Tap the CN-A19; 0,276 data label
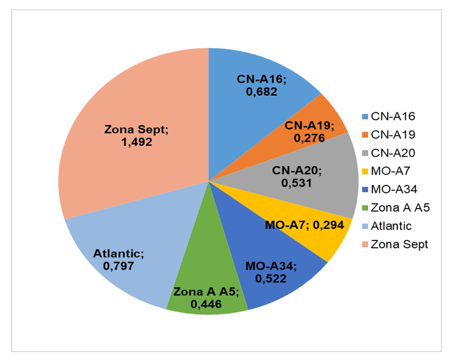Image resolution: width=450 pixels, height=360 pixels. [309, 132]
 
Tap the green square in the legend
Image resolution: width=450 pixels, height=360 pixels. [365, 207]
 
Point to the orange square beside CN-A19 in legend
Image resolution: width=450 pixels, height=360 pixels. [365, 134]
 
